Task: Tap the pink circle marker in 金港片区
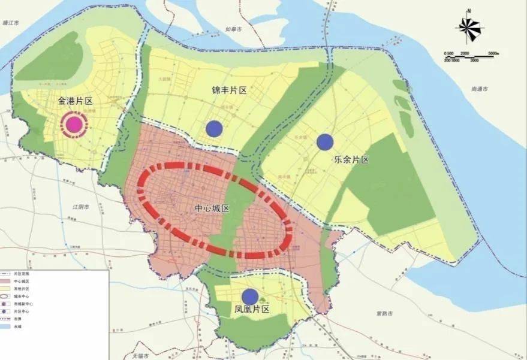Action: (x=74, y=124)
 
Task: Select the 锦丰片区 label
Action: (x=230, y=90)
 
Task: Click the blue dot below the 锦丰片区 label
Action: (x=214, y=128)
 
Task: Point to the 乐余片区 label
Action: (x=351, y=160)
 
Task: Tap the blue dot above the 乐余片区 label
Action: (x=325, y=142)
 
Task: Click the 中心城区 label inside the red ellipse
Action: (x=212, y=208)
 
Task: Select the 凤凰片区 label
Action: (x=252, y=310)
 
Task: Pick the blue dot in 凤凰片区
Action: (x=250, y=297)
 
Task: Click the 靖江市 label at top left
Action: (x=11, y=23)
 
